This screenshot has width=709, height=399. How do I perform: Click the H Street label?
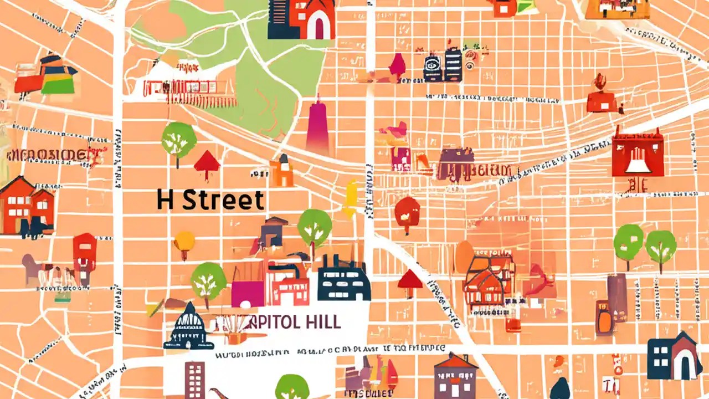210,200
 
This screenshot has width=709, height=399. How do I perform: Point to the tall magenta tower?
318,126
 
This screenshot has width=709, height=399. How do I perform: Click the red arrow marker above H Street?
207,163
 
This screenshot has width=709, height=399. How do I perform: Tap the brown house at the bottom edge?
455,377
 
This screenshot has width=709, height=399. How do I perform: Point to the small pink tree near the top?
397,65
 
